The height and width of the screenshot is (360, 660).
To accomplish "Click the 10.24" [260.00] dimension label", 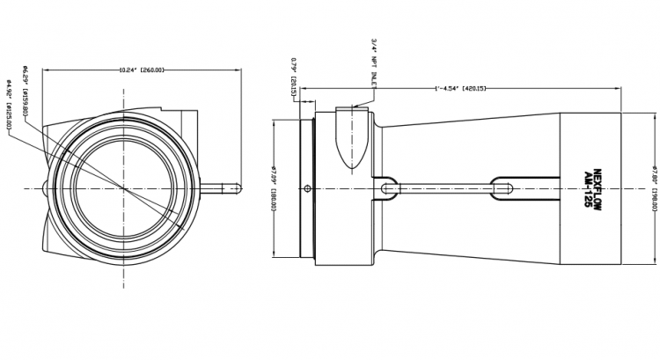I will tap(142, 68).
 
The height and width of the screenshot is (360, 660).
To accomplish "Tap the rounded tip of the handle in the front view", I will tap(238, 187).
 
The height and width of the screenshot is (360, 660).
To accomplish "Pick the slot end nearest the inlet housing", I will tap(387, 187).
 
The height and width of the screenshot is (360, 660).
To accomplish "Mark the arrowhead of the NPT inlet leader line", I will tap(353, 107).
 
